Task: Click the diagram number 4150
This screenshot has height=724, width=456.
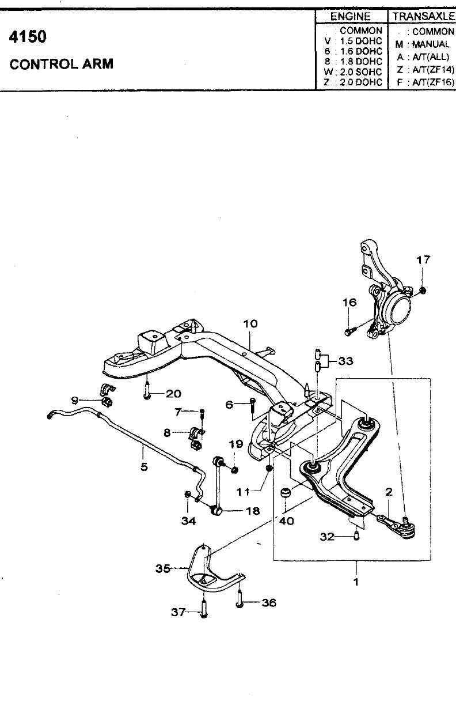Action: click(x=28, y=37)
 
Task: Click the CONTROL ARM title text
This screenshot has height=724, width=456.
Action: click(x=62, y=64)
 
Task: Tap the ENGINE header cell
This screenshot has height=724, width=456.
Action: click(x=351, y=17)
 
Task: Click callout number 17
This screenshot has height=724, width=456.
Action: click(x=423, y=259)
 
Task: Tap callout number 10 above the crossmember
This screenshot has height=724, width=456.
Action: click(x=250, y=323)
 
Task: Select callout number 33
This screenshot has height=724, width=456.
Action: click(x=345, y=361)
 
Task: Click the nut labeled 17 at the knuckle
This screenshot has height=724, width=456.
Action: click(x=423, y=291)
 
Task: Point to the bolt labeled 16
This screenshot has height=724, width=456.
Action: click(x=349, y=331)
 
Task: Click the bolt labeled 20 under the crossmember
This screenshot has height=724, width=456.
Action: click(x=147, y=390)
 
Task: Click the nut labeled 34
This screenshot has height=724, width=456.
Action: click(x=187, y=504)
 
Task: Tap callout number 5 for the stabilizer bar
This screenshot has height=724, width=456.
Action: click(x=144, y=467)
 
